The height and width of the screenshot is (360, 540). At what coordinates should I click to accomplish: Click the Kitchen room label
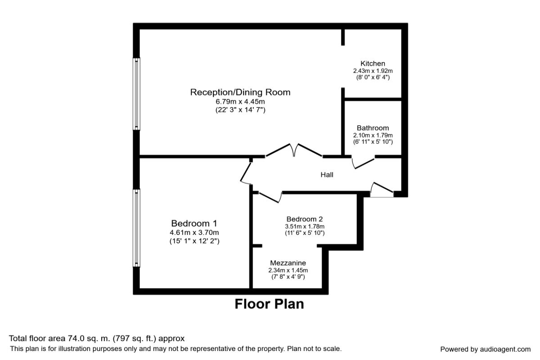tap(373, 63)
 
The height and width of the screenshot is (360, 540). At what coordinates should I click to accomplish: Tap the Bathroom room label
tap(373, 128)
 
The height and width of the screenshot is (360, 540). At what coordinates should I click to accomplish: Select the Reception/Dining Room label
tap(240, 92)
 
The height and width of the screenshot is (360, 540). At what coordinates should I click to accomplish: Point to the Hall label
tap(327, 175)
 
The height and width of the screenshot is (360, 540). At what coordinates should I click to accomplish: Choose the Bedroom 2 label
tap(305, 219)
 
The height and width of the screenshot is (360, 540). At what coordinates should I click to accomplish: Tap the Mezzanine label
tap(288, 263)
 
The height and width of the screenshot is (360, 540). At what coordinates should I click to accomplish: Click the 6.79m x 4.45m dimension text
tap(240, 102)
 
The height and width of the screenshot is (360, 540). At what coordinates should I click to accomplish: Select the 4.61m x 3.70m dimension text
tap(194, 233)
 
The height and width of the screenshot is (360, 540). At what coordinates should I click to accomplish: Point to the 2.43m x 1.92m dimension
tap(373, 71)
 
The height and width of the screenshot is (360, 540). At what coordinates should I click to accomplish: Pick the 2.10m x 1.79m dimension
tap(373, 135)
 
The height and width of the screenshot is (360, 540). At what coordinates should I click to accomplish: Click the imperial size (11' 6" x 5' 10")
tap(305, 233)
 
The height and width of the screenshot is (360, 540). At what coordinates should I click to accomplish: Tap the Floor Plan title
tap(269, 304)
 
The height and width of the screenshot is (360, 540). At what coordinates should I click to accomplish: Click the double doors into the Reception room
tap(294, 151)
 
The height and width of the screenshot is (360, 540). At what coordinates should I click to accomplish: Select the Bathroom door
tap(363, 162)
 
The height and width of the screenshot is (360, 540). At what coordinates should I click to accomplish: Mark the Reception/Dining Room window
tap(136, 94)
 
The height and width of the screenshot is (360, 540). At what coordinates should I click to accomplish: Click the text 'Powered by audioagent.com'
tap(485, 349)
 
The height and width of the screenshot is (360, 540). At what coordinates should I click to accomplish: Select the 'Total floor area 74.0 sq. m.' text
tap(97, 338)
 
